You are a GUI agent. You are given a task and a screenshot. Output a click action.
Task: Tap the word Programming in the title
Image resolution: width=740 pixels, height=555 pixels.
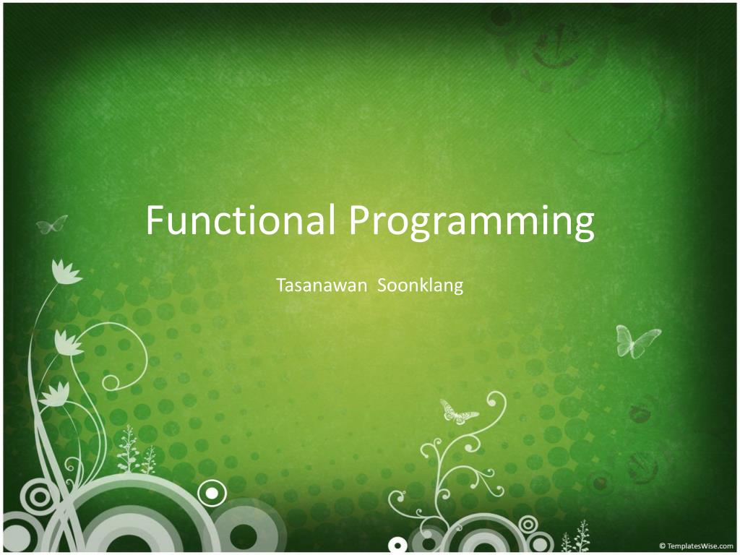[472, 223]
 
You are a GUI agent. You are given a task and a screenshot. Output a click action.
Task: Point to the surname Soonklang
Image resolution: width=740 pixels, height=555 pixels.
[421, 285]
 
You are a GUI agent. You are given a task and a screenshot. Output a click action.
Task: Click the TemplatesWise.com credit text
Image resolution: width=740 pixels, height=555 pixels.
[700, 546]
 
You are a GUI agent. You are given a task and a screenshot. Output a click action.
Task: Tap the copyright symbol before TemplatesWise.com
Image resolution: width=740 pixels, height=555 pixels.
[662, 546]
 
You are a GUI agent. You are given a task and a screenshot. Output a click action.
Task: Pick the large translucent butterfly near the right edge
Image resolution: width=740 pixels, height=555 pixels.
[636, 340]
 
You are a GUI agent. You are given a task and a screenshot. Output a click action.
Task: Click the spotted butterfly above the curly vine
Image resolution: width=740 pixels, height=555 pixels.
[457, 412]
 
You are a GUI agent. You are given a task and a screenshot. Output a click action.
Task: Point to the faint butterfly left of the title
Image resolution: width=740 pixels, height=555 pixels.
[52, 225]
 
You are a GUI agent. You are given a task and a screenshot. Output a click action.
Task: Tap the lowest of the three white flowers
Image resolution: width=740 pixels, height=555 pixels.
[55, 394]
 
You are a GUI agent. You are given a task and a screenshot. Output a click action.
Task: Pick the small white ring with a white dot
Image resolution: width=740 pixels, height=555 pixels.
[211, 494]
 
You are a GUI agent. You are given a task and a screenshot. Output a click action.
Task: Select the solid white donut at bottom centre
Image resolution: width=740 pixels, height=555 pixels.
[397, 544]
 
